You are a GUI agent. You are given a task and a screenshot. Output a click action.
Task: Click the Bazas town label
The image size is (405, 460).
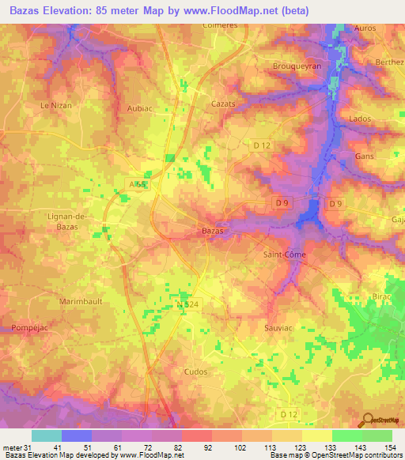pos(210,231)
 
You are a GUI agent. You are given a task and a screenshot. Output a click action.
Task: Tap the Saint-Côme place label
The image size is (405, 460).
pos(284,255)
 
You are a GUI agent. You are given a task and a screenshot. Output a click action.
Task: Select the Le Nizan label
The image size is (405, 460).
pos(56,105)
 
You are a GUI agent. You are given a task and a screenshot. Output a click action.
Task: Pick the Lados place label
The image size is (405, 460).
pos(359,118)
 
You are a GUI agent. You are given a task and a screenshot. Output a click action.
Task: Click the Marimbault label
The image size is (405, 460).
pos(81,302)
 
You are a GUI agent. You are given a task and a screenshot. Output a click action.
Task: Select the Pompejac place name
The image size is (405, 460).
pos(27,327)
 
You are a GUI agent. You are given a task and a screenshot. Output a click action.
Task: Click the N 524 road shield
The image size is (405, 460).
pos(188,304)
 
